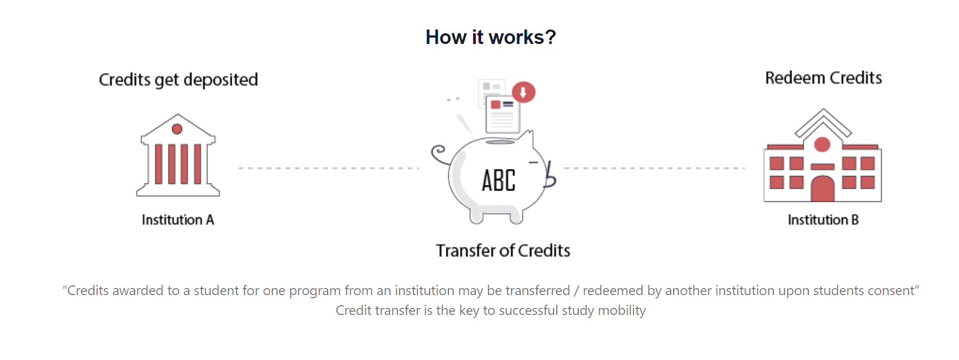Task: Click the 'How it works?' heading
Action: pos(490,38)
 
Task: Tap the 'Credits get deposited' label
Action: pos(178,80)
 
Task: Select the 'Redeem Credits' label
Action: pos(823,78)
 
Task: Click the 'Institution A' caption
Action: pos(178,220)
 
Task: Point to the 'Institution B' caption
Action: pos(823,220)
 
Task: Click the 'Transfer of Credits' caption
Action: pos(503,251)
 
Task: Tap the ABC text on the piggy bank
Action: pos(498,180)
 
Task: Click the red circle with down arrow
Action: pos(523,92)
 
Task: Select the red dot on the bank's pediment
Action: pos(177,129)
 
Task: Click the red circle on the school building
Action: pos(822,144)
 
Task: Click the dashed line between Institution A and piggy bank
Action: pos(328,168)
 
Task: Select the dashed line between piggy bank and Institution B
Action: pos(654,168)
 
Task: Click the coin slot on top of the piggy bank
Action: pos(500,142)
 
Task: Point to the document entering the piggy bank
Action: pos(503,114)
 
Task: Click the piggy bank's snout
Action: pos(550,176)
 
